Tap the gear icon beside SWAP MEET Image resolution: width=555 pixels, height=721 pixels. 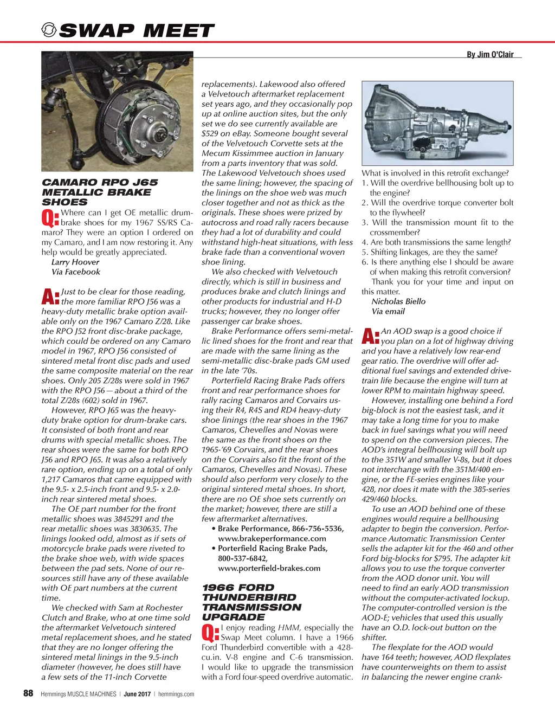[49, 30]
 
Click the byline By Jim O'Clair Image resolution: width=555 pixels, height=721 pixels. [490, 54]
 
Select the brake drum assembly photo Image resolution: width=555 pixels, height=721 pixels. [117, 111]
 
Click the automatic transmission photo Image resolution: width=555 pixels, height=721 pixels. [437, 123]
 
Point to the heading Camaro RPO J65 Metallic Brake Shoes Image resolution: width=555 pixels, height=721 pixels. [100, 192]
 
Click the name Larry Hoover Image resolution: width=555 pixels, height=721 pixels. [75, 262]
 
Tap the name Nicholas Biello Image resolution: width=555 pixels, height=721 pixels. [398, 301]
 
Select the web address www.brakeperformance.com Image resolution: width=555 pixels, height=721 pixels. [272, 538]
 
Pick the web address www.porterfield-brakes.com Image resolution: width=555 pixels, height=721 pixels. [269, 568]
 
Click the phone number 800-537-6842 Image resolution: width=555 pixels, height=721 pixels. [242, 558]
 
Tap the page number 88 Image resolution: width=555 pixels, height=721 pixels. [28, 693]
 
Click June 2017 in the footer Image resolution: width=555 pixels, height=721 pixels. [137, 694]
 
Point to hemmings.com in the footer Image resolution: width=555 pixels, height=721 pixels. [176, 694]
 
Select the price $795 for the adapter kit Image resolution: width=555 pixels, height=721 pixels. [441, 558]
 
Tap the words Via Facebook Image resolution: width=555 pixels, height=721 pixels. [76, 272]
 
